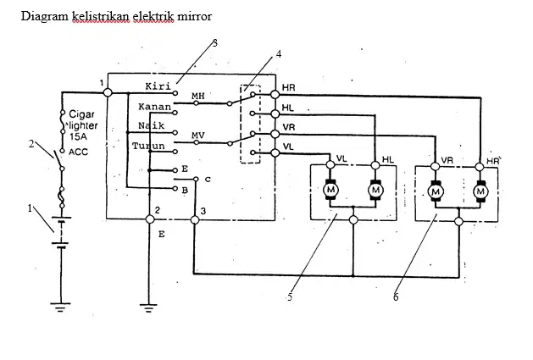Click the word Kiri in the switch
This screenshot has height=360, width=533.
pyautogui.click(x=158, y=86)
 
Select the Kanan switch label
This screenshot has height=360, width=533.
pyautogui.click(x=154, y=107)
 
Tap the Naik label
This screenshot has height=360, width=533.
pyautogui.click(x=152, y=125)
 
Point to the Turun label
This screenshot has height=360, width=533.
pyautogui.click(x=148, y=147)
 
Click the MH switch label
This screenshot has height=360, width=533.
pyautogui.click(x=198, y=96)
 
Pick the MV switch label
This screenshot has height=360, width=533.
pyautogui.click(x=198, y=136)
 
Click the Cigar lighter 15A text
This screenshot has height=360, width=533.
pyautogui.click(x=83, y=125)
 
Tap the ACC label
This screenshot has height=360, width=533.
pyautogui.click(x=78, y=152)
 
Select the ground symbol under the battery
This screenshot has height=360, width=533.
pyautogui.click(x=60, y=307)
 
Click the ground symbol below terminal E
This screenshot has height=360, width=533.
pyautogui.click(x=148, y=308)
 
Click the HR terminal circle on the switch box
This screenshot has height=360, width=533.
pyautogui.click(x=275, y=94)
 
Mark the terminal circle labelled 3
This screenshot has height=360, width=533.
pyautogui.click(x=195, y=220)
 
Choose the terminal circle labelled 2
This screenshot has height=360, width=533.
pyautogui.click(x=150, y=219)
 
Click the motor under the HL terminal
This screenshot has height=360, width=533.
pyautogui.click(x=375, y=190)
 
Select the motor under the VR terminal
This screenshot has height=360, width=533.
pyautogui.click(x=436, y=191)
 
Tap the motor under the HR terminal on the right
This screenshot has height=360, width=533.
pyautogui.click(x=480, y=191)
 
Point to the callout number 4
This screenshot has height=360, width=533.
pyautogui.click(x=279, y=54)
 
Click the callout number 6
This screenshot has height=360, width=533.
pyautogui.click(x=396, y=296)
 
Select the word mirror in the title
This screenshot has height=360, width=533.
pyautogui.click(x=195, y=16)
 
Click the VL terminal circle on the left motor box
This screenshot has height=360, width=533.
pyautogui.click(x=330, y=164)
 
